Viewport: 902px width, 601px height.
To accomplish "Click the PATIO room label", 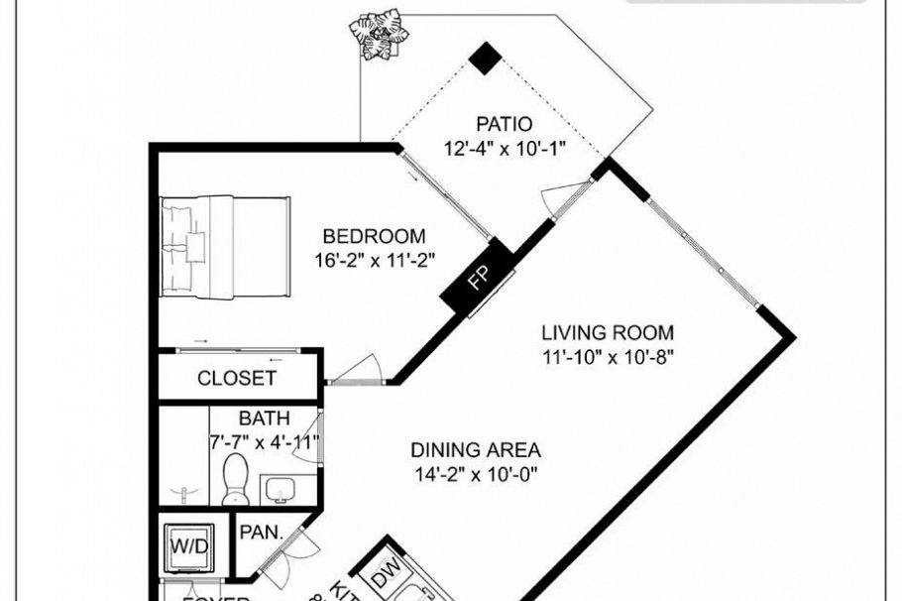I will click(504, 124).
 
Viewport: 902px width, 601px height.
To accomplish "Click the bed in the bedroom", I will click(226, 245).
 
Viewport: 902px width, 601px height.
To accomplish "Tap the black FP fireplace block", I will click(478, 278).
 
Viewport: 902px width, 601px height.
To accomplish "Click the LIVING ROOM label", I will click(607, 332).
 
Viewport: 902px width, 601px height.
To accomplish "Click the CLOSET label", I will click(236, 378).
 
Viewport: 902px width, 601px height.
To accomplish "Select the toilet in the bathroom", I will click(236, 479).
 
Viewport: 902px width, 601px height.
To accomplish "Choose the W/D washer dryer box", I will click(189, 544).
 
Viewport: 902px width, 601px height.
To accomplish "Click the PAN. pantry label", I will click(262, 533).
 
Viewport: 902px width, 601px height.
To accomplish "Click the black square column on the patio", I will click(484, 59).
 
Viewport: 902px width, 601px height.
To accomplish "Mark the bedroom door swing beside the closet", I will click(354, 368).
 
